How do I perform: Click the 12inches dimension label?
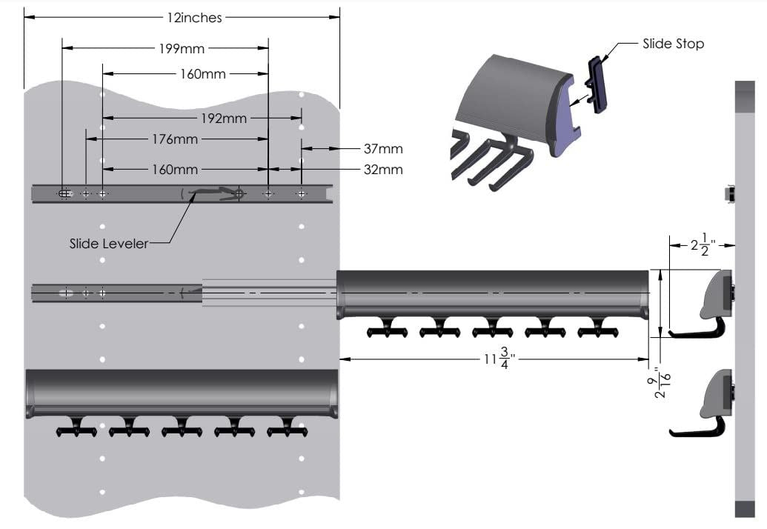click(191, 17)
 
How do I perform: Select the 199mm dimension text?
click(182, 49)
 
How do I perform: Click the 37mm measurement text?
click(383, 149)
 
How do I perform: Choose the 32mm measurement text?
click(383, 170)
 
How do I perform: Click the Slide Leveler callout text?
click(108, 243)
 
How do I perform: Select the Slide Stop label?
click(673, 44)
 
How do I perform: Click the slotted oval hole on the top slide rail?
click(65, 194)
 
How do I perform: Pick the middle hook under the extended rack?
click(492, 329)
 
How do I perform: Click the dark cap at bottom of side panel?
click(744, 509)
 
